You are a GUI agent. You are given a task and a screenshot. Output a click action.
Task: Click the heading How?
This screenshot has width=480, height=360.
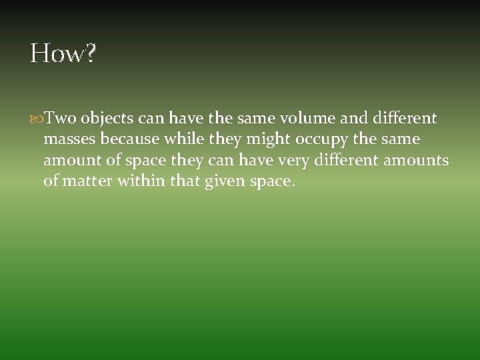[63, 54]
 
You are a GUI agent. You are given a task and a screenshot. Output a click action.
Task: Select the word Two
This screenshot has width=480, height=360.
[61, 119]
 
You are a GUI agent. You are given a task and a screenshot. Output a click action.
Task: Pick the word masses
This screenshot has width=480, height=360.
[69, 139]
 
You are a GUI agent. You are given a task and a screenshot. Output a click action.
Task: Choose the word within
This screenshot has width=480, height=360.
[141, 181]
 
